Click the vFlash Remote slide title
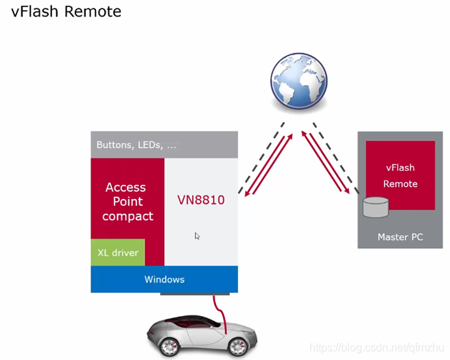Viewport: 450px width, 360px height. pyautogui.click(x=66, y=12)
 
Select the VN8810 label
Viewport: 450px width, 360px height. pyautogui.click(x=200, y=201)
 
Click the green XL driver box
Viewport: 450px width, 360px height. pyautogui.click(x=117, y=252)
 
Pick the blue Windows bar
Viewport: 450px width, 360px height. pyautogui.click(x=164, y=279)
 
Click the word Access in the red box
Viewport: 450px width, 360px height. pyautogui.click(x=126, y=187)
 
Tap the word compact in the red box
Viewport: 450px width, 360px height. pyautogui.click(x=128, y=216)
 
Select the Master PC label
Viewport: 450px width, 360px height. pyautogui.click(x=400, y=237)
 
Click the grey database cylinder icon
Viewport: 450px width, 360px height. pyautogui.click(x=376, y=205)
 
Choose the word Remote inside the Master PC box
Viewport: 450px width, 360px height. pyautogui.click(x=400, y=184)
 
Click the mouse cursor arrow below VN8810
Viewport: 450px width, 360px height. pyautogui.click(x=197, y=236)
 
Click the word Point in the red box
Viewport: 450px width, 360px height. pyautogui.click(x=128, y=202)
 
